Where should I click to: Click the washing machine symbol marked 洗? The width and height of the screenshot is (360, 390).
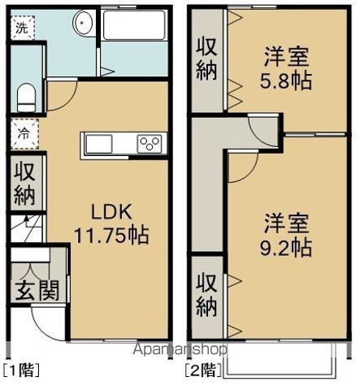(x=23, y=28)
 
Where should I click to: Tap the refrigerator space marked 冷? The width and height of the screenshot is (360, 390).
(x=25, y=134)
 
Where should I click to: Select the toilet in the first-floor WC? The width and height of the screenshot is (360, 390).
(x=26, y=97)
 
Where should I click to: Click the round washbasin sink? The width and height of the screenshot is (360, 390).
(x=84, y=23)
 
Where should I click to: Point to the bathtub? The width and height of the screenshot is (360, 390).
(x=134, y=25)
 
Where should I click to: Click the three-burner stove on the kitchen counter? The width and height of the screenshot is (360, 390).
(x=149, y=144)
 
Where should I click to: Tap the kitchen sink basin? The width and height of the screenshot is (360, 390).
(x=99, y=144)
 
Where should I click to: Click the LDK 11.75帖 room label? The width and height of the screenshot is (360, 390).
(x=111, y=224)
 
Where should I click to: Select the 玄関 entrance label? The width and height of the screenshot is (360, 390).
(x=37, y=291)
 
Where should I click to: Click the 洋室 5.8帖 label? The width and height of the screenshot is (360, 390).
(x=286, y=68)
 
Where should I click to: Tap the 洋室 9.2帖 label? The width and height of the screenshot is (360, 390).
(x=286, y=236)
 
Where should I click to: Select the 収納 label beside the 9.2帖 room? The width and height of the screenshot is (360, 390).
(x=206, y=295)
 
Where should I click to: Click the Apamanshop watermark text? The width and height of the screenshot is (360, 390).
(x=180, y=349)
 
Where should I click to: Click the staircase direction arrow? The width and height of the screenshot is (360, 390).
(x=27, y=220)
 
